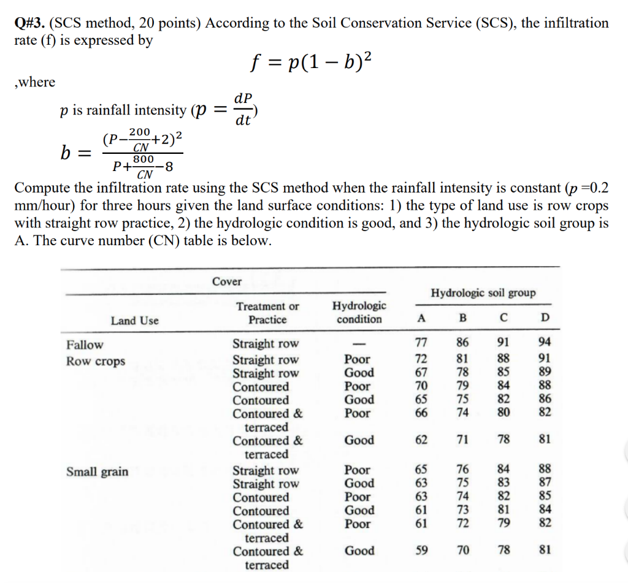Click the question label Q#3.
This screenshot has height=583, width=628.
pos(29,23)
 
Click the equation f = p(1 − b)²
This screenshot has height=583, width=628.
pos(311,63)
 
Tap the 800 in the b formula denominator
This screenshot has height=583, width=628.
pos(144,159)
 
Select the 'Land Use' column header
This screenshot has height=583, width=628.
pos(134,320)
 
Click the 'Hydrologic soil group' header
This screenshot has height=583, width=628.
pos(483,293)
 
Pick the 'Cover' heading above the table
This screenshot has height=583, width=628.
pos(227,281)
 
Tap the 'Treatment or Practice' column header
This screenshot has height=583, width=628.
pos(268,313)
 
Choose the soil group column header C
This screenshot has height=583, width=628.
pos(503,318)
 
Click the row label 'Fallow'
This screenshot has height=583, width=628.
pos(85,345)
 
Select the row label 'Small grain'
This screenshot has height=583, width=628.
pos(98,471)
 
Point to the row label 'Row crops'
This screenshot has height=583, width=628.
pos(95,361)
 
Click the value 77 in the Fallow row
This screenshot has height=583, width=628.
pos(421,344)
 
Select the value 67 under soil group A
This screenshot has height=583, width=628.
pos(421,373)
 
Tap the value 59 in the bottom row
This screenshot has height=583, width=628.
pos(421,551)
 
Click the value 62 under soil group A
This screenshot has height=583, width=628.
pos(421,440)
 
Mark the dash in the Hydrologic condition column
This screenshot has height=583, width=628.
pos(359,345)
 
